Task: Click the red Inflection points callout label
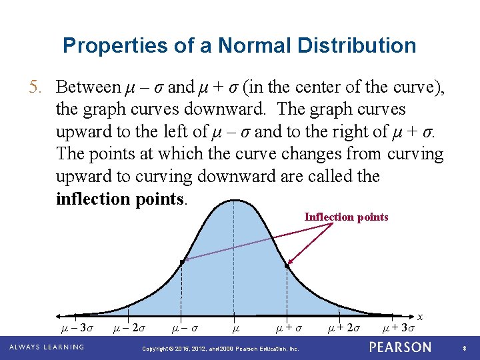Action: click(346, 217)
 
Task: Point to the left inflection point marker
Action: click(181, 263)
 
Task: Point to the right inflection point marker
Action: click(287, 266)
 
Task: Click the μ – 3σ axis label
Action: click(77, 327)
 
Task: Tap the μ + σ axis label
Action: click(287, 327)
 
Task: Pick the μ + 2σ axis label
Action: click(345, 327)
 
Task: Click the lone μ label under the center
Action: click(235, 327)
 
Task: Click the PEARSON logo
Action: click(400, 347)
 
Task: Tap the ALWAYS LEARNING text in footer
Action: click(47, 347)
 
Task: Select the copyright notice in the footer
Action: click(221, 349)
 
